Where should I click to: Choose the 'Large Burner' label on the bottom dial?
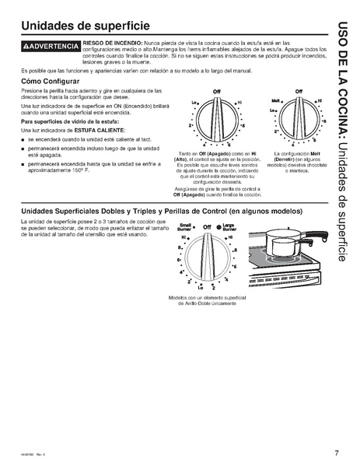pos(232,230)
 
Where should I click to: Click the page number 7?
pos(337,453)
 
